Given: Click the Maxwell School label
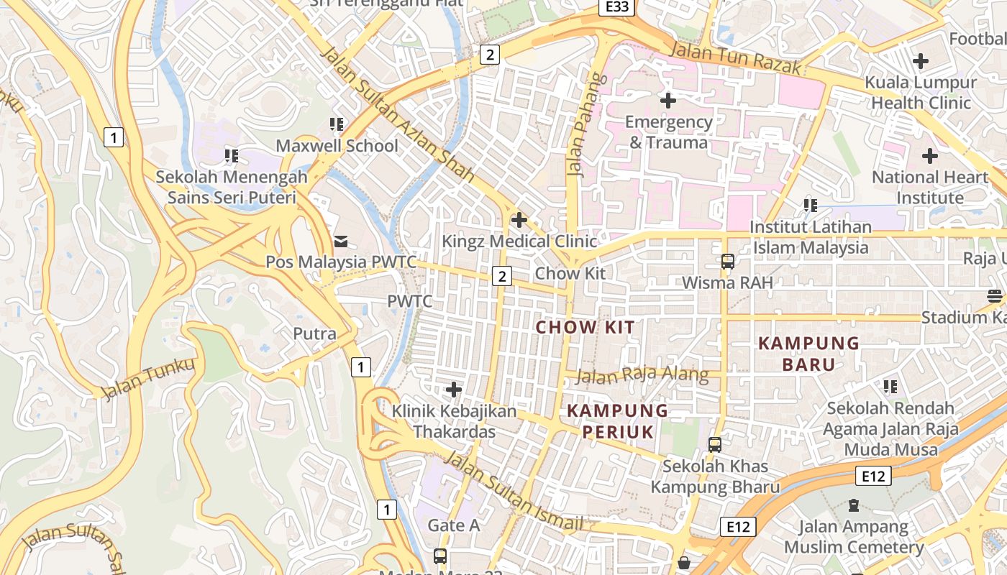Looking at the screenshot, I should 337,146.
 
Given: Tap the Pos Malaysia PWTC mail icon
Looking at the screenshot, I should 341,241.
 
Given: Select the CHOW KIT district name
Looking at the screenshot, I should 585,328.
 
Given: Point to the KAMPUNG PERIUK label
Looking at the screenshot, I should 618,421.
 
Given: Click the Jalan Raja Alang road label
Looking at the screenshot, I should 642,374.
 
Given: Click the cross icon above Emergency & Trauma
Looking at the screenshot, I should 668,101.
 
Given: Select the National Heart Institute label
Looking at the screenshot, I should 929,187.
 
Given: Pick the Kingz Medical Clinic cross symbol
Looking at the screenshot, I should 519,220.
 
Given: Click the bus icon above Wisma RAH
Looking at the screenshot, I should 728,262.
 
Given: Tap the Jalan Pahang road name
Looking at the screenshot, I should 582,124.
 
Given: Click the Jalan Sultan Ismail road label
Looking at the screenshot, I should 512,492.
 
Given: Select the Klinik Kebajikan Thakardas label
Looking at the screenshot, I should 454,421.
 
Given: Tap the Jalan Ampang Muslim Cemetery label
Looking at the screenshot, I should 854,537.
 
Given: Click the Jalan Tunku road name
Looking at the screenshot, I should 148,379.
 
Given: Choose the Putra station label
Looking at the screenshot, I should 314,333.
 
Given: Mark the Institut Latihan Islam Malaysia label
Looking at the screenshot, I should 811,237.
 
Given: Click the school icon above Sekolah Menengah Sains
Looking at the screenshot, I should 232,155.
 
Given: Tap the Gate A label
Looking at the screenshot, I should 453,525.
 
